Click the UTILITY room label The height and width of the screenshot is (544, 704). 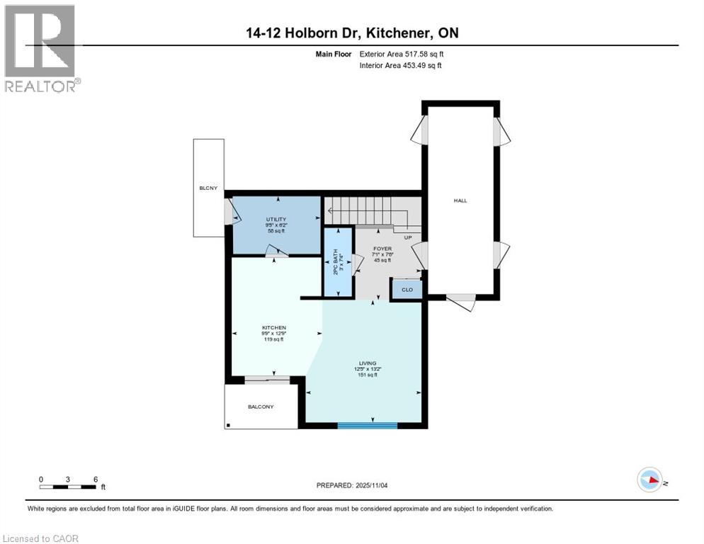(x=276, y=220)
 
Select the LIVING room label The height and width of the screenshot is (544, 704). (x=367, y=363)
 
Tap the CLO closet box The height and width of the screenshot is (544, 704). (x=407, y=290)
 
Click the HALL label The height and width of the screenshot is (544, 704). (x=460, y=200)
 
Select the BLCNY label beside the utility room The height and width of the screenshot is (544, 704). (x=208, y=188)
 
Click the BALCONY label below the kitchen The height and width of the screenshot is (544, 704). (x=261, y=407)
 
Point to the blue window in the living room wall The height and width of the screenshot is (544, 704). (x=367, y=425)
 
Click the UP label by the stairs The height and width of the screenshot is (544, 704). (x=407, y=237)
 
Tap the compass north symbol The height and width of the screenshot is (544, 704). (x=649, y=480)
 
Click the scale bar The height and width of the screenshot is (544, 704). (x=68, y=487)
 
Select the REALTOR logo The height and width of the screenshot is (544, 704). (x=40, y=48)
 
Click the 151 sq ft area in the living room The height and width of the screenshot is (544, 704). (x=367, y=375)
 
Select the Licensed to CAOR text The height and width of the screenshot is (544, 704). (x=41, y=538)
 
